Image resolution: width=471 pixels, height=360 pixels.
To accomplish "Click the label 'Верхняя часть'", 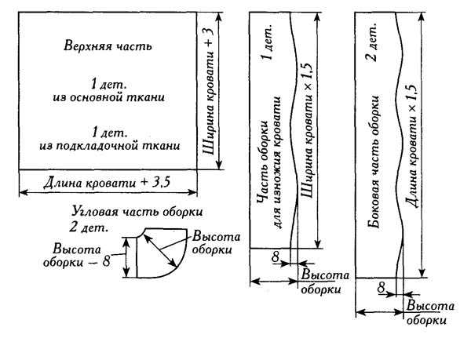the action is [108, 46].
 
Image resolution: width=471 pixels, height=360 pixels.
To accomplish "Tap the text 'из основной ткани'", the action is [109, 98].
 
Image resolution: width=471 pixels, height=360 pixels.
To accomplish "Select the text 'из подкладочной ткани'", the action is [110, 146].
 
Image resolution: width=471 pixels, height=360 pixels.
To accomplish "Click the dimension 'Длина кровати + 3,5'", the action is [107, 183].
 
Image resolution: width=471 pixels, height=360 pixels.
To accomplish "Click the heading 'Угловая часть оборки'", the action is [137, 212].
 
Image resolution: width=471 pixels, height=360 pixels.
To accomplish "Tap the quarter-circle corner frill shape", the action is [161, 253].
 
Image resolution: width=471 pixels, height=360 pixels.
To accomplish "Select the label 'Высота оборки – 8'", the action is [77, 256].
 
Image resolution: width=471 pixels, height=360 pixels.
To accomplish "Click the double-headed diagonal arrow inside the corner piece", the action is [160, 250].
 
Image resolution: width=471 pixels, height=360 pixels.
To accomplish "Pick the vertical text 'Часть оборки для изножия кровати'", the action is [269, 162].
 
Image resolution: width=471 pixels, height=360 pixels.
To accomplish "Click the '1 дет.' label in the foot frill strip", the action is [268, 43].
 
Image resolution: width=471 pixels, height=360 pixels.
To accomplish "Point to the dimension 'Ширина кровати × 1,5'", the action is [307, 130].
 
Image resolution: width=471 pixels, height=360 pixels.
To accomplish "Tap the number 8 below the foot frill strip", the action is [276, 256].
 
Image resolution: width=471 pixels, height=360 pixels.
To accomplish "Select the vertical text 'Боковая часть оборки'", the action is [374, 162].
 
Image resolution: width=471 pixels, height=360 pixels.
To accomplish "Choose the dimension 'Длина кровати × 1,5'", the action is [412, 147].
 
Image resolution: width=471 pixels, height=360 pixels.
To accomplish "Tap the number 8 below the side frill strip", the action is [381, 288].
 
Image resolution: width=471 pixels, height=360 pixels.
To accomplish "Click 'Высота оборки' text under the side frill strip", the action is [429, 313].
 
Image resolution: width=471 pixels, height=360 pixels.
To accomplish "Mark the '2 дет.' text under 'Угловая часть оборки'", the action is [88, 227].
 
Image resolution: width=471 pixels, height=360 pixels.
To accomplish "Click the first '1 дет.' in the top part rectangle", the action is [109, 84].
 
